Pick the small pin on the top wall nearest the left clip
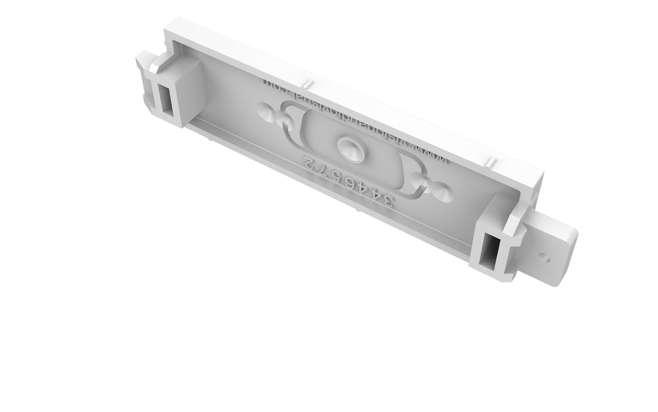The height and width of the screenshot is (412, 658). point(308,80)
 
